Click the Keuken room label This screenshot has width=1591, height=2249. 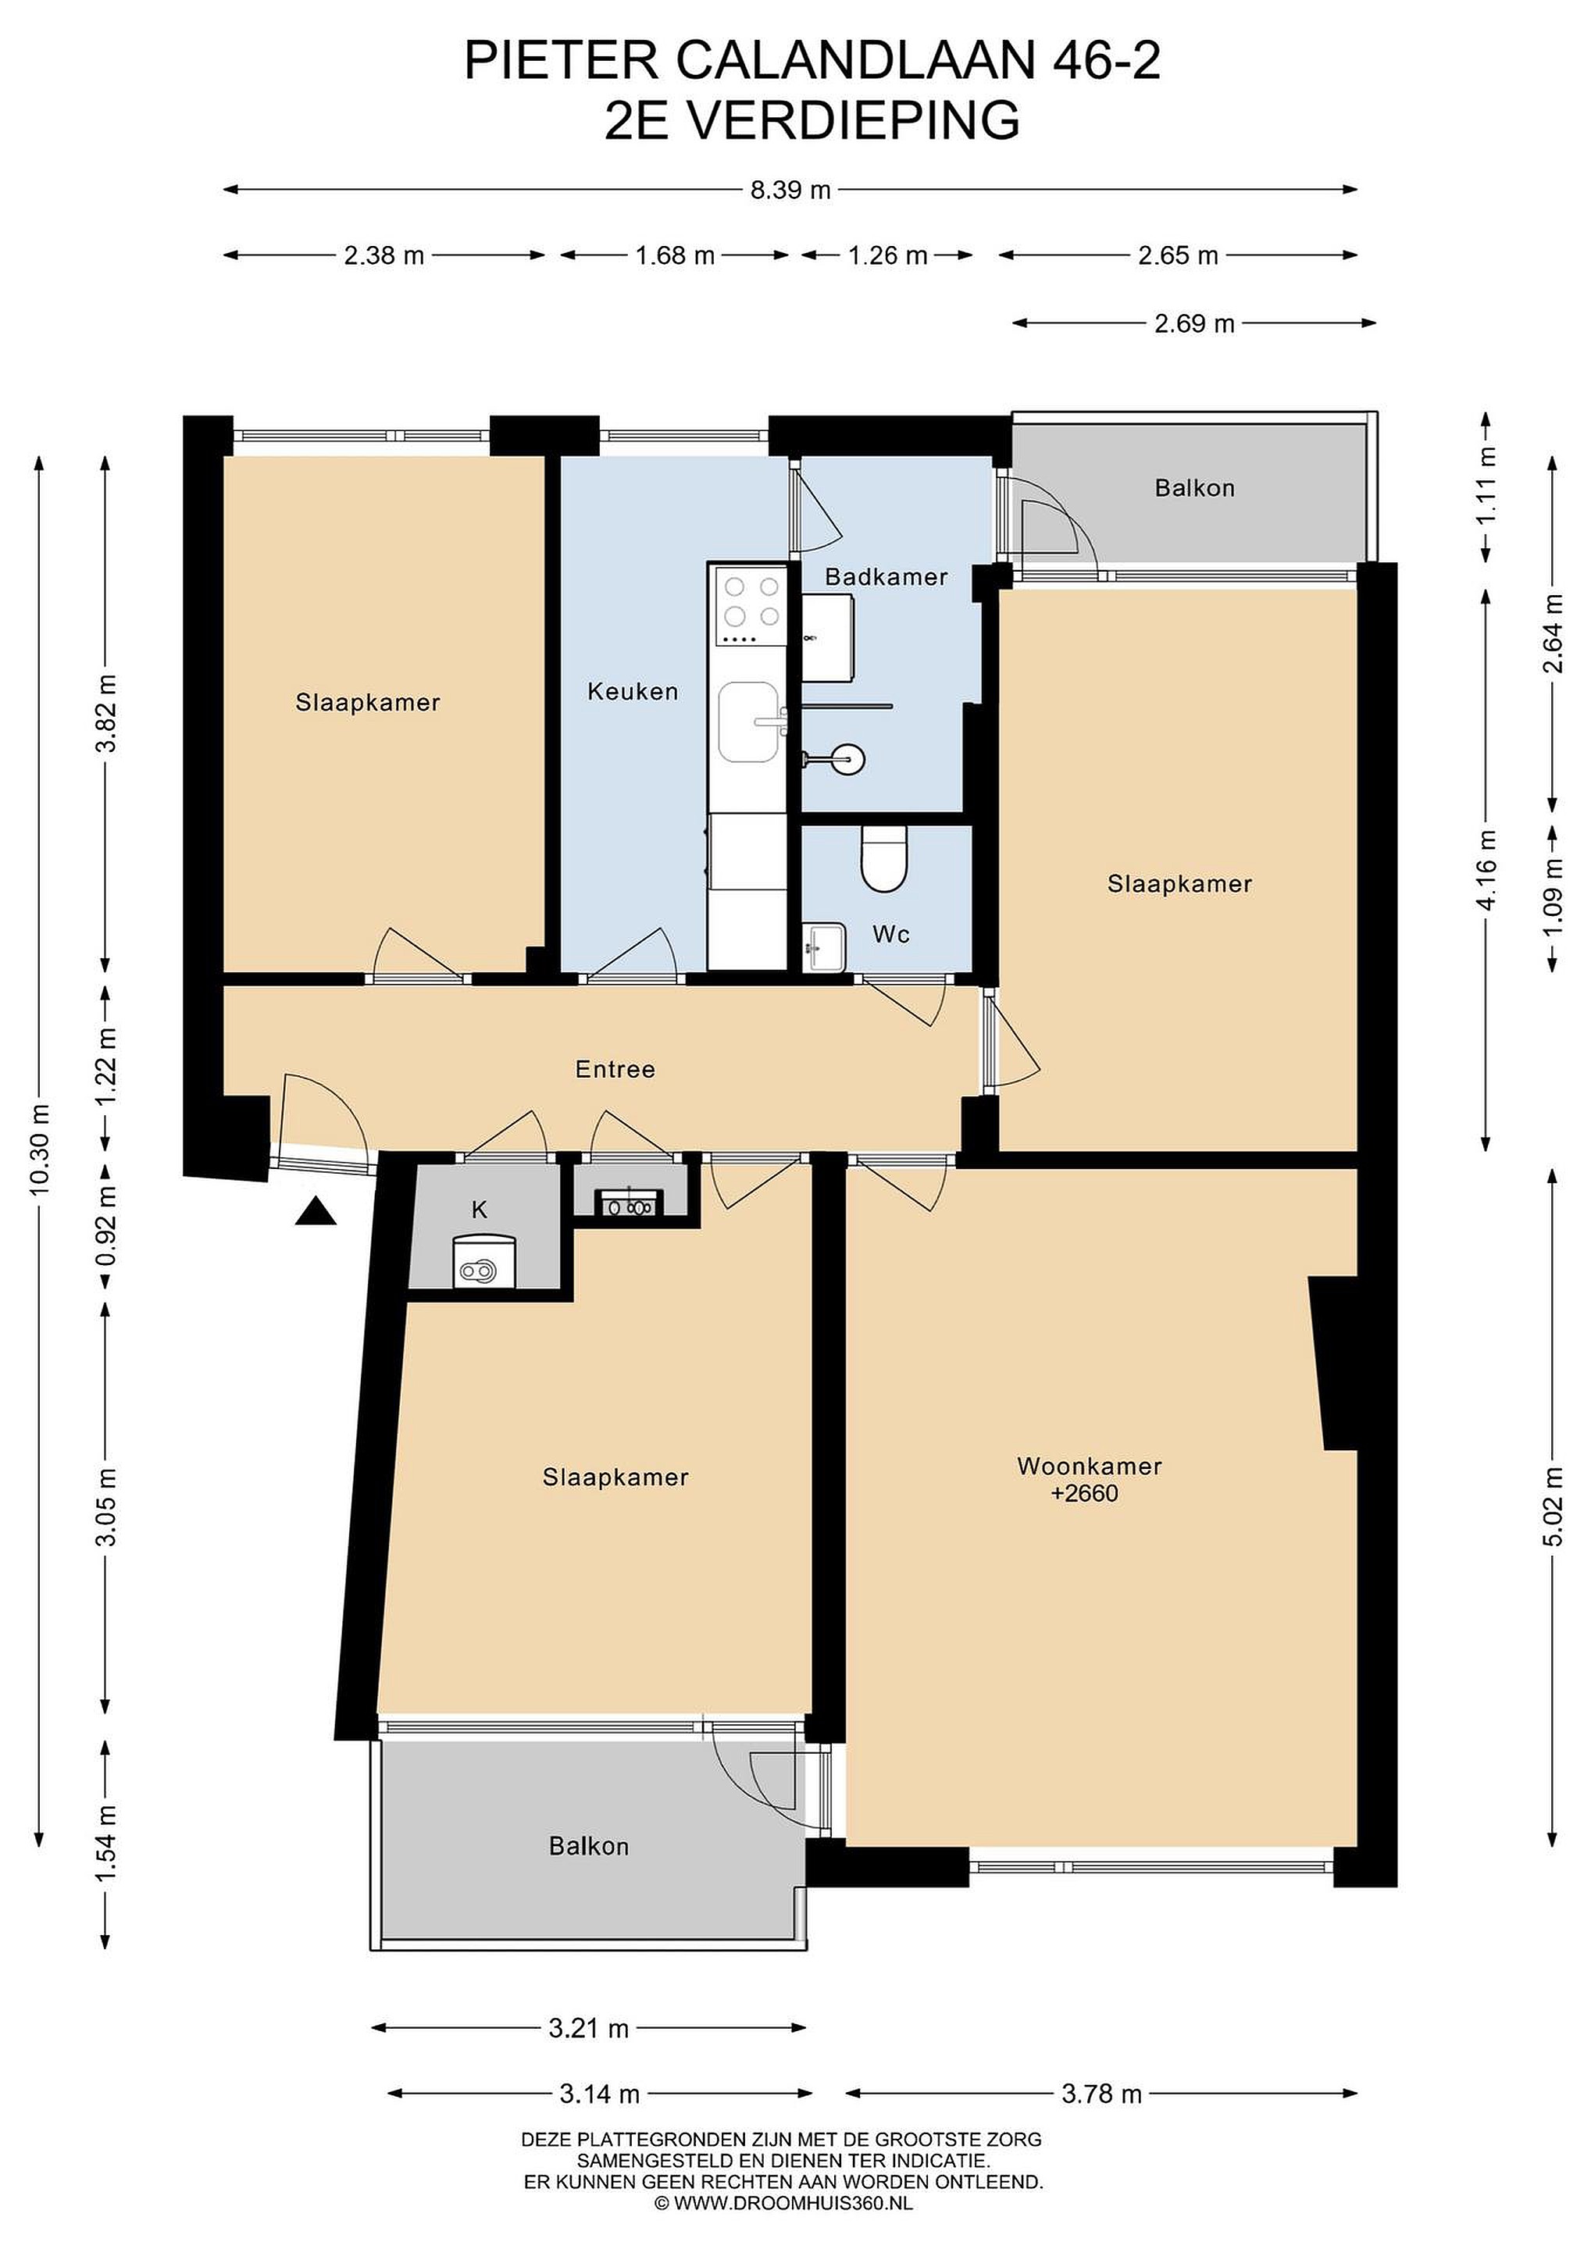(633, 692)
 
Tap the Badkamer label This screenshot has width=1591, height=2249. (886, 577)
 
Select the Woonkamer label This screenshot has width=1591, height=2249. (1090, 1467)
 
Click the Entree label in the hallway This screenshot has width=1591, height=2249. (615, 1069)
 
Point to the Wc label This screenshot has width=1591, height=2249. (891, 935)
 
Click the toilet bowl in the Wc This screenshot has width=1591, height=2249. (885, 859)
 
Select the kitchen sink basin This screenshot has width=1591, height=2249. (750, 722)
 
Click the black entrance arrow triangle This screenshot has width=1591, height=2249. (316, 1212)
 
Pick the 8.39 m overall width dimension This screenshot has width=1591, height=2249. (790, 190)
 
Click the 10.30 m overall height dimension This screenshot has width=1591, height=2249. (39, 1149)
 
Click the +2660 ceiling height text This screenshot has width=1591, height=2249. (1085, 1494)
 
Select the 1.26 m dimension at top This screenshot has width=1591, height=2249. (887, 255)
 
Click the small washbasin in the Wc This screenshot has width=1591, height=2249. (824, 947)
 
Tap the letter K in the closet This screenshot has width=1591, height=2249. (479, 1210)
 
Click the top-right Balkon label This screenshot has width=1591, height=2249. (1194, 488)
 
